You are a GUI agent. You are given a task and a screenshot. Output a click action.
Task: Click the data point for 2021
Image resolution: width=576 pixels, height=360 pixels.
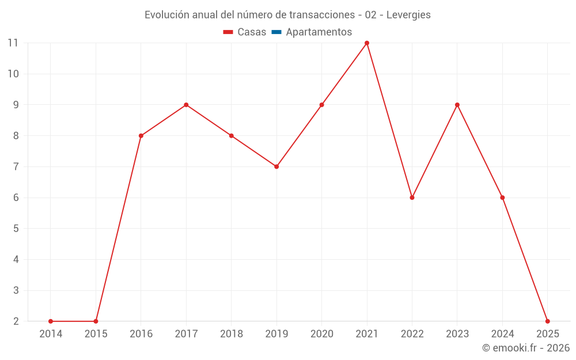tap(367, 43)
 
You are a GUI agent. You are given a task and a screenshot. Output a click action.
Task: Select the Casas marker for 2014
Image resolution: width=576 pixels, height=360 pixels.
tap(51, 321)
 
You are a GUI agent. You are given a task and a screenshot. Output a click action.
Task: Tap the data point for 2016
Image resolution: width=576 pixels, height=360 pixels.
tap(141, 136)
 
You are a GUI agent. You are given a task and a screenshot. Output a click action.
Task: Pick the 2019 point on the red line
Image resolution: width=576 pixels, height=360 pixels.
tap(276, 166)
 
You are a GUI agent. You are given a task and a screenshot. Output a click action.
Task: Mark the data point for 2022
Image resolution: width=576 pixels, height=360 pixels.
tap(412, 198)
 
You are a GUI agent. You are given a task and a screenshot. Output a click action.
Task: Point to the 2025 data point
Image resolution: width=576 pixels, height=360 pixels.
tap(547, 321)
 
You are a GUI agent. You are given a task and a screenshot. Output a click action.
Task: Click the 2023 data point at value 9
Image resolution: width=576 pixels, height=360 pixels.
tap(457, 105)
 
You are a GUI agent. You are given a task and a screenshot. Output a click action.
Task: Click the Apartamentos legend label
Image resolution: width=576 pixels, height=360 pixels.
tap(319, 32)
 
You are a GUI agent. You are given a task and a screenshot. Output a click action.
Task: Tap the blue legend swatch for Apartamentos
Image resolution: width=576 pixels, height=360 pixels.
tap(276, 32)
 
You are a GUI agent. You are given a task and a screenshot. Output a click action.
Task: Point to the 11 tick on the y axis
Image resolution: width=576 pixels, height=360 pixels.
tap(13, 43)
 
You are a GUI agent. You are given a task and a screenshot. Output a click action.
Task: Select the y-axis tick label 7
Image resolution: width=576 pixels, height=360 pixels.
tap(16, 166)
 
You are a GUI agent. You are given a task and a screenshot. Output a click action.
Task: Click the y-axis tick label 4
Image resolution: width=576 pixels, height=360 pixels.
tap(16, 260)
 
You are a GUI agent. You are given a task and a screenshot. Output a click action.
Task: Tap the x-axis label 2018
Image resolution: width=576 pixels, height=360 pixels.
tap(232, 334)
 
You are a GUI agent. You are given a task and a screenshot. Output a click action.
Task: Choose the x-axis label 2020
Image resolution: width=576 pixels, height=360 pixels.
tap(321, 334)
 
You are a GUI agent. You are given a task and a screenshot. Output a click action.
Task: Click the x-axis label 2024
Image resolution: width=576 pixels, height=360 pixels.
tap(502, 334)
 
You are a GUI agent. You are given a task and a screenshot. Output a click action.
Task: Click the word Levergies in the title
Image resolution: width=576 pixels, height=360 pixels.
tap(408, 15)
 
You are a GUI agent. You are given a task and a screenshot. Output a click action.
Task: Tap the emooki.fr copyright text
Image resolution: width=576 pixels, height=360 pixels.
tap(526, 348)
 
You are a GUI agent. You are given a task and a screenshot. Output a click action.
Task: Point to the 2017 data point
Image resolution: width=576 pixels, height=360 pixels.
tap(186, 105)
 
